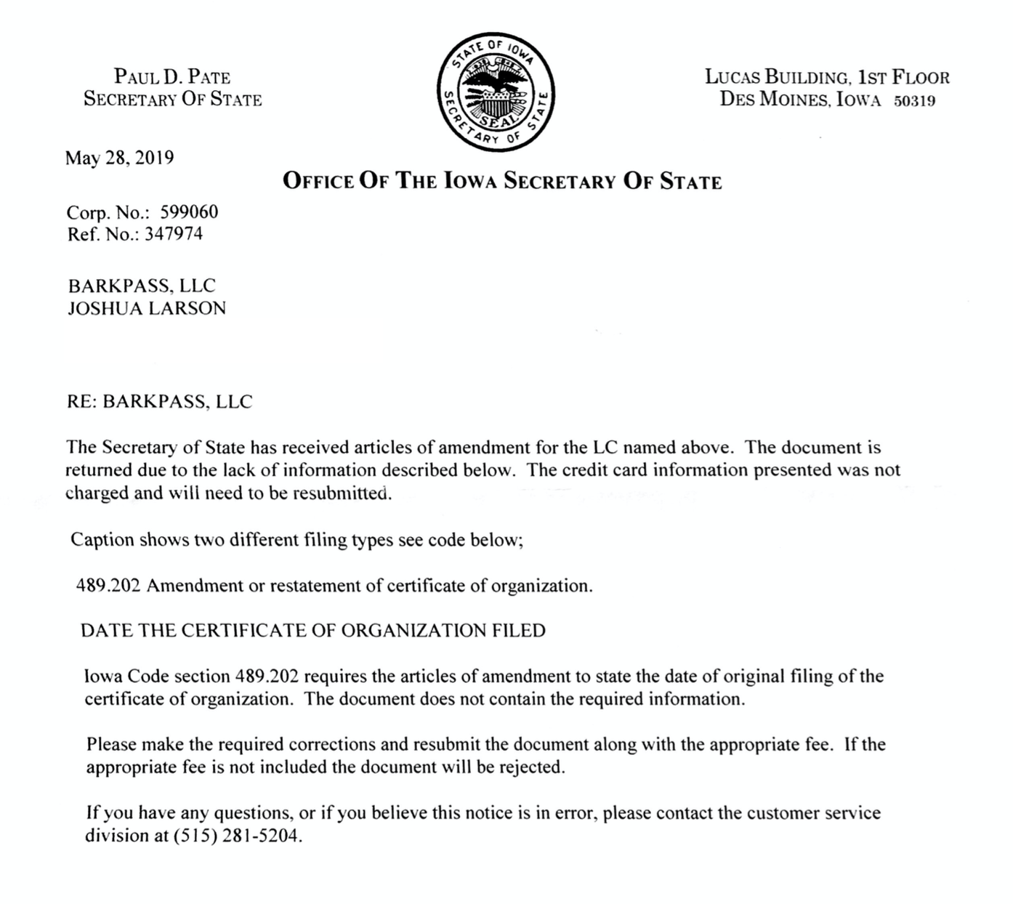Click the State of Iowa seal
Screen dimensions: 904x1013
coord(496,92)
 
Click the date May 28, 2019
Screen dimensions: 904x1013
coord(119,158)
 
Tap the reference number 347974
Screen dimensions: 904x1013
coord(174,234)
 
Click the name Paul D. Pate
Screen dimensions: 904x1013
coord(172,76)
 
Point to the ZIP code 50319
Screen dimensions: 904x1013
coord(914,101)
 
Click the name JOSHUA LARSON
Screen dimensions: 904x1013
coord(147,308)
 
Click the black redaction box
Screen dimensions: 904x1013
coord(223,340)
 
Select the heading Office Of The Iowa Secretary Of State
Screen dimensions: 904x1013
coord(502,181)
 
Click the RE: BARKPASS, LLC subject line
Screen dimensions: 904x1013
coord(159,402)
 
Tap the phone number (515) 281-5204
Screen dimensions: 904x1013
coord(235,836)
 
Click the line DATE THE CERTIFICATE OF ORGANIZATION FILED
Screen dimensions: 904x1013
coord(313,631)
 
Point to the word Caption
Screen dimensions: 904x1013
coord(102,540)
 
